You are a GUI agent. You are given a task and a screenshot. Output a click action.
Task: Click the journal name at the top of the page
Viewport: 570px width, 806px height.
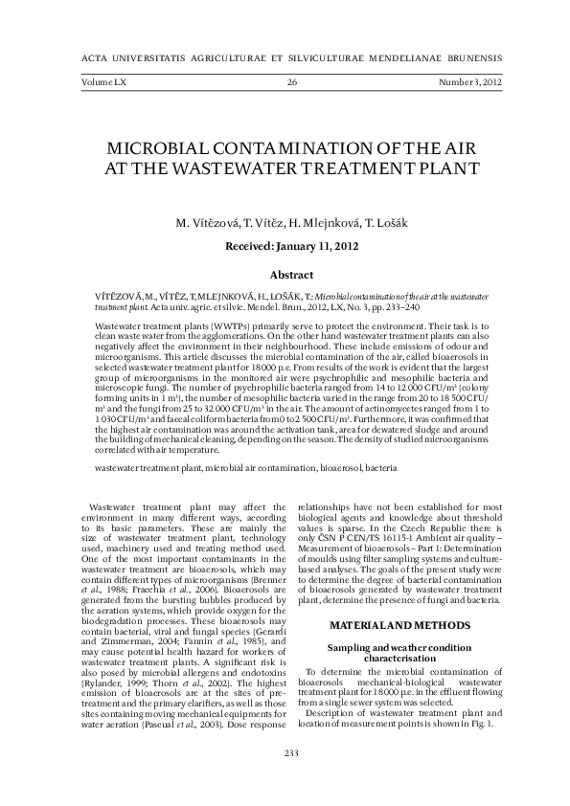coord(285,57)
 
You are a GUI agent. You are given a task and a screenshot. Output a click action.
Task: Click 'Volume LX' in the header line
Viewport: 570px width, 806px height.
coord(97,84)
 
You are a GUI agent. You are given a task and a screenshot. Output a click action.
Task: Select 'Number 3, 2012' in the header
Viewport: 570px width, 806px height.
coord(468,84)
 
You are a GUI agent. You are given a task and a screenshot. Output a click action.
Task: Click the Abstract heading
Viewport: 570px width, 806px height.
coord(285,274)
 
